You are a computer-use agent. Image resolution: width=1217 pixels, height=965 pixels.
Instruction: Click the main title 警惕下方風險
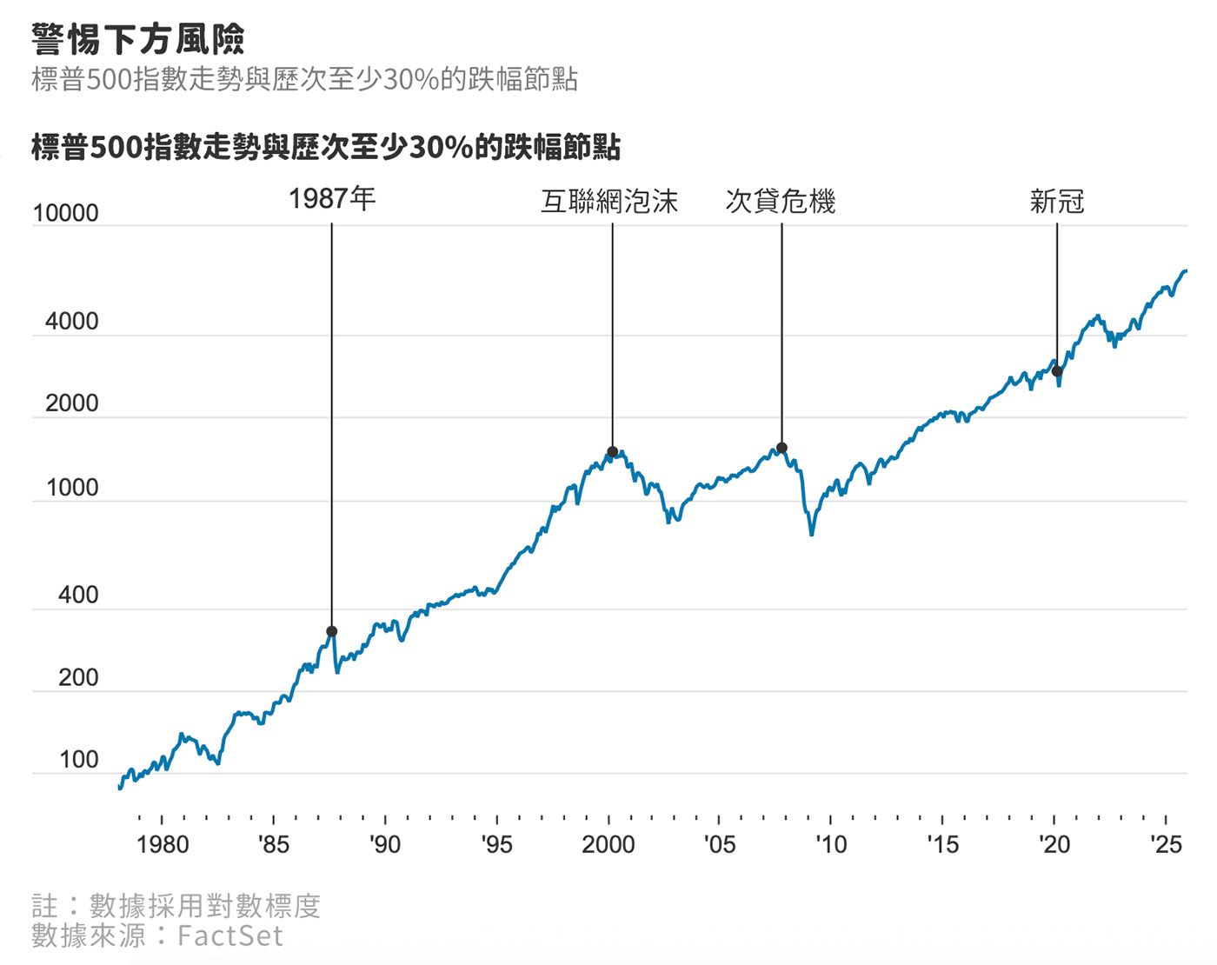point(138,39)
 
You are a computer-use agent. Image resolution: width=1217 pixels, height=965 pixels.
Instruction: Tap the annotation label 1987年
point(332,199)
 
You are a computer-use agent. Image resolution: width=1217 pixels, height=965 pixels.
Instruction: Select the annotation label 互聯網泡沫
point(609,202)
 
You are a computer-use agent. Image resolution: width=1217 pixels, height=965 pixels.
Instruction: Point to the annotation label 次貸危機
point(780,202)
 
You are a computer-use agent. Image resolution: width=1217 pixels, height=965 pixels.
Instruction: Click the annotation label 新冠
point(1057,202)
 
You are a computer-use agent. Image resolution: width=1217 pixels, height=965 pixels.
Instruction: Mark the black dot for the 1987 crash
point(331,631)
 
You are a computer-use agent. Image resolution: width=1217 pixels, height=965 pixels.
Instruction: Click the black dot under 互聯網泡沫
point(612,451)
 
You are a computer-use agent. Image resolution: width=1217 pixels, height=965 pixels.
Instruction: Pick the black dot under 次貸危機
point(781,448)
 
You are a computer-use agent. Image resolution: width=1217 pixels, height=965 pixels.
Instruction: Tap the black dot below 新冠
point(1057,371)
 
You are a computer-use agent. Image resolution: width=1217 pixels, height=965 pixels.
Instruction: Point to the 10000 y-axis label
point(66,214)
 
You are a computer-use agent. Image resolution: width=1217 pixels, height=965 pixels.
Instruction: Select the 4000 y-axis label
point(72,322)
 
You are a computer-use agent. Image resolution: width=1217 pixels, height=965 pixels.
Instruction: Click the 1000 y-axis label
point(72,488)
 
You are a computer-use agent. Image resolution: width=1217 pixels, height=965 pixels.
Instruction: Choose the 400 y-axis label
point(78,596)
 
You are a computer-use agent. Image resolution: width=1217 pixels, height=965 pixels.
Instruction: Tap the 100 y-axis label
point(78,760)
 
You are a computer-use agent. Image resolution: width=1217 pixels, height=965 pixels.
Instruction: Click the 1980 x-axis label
point(163,844)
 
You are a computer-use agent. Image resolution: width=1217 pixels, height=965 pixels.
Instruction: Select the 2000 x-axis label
point(608,844)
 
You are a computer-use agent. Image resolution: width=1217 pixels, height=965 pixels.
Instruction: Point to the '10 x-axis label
point(830,844)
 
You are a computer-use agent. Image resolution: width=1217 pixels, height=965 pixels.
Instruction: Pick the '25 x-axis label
point(1166,844)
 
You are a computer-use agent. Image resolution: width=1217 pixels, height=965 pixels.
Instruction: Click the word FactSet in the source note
point(230,935)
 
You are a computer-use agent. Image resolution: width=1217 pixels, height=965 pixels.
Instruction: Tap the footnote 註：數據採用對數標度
point(176,906)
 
